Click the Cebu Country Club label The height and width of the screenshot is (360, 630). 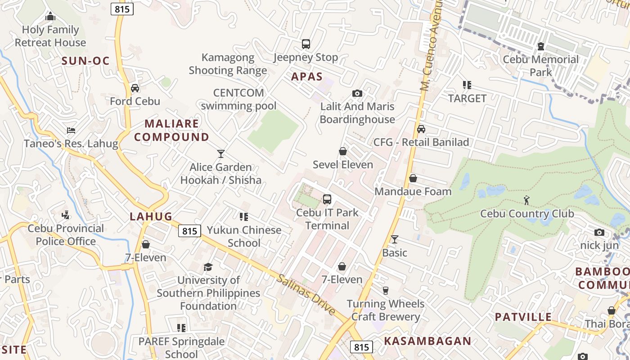[527, 214]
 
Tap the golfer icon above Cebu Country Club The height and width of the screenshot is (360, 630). [527, 200]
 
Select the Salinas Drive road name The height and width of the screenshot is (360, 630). [306, 295]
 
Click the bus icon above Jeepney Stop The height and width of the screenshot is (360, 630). [306, 44]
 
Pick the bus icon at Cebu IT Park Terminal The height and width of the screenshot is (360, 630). [327, 199]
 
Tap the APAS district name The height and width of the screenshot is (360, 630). [307, 76]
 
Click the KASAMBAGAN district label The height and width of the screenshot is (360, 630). [427, 341]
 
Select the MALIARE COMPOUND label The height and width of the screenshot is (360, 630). [172, 130]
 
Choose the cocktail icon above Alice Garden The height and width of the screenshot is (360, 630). [220, 154]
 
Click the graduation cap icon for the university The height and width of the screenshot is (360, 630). [208, 267]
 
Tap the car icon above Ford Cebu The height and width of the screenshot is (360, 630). [135, 88]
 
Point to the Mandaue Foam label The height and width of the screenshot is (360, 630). [413, 192]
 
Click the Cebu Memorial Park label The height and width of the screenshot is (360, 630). [540, 66]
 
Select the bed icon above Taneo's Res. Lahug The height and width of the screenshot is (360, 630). [71, 130]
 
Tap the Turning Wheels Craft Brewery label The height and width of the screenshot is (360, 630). [385, 310]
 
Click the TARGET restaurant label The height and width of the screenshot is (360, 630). [467, 99]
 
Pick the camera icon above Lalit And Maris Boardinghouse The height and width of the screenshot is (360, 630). [357, 94]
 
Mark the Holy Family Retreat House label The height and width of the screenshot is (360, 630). [50, 36]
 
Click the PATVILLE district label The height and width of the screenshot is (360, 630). [523, 317]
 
